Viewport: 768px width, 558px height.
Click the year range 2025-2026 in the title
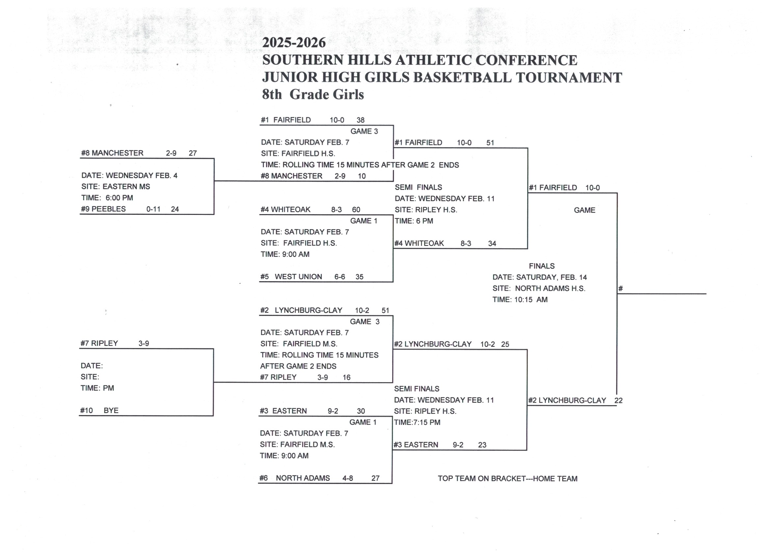tap(294, 43)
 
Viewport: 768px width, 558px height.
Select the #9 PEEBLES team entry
tap(103, 209)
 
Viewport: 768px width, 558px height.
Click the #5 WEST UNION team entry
tap(292, 277)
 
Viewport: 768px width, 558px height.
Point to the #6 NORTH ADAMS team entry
tap(295, 478)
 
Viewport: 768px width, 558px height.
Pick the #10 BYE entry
tap(99, 411)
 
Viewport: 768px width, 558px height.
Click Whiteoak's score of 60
tap(356, 210)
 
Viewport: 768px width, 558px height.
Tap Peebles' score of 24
tap(175, 209)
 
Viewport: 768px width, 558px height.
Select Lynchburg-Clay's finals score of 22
tap(618, 401)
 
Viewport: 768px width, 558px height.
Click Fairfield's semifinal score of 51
tap(490, 143)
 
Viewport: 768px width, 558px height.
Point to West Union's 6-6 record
tap(340, 277)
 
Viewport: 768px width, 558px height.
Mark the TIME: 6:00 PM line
tap(107, 198)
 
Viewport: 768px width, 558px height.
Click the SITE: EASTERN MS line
tap(116, 187)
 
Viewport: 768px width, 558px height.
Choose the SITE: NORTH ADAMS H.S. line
tap(539, 289)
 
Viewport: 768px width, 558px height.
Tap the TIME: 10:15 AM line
tap(520, 300)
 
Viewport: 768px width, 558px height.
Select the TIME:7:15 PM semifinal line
tap(417, 423)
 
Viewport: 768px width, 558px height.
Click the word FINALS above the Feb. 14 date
tap(542, 266)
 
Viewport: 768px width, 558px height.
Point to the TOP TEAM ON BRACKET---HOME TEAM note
tap(507, 479)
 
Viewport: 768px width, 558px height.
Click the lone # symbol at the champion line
tap(621, 289)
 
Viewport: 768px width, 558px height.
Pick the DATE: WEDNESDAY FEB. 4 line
tap(129, 176)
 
